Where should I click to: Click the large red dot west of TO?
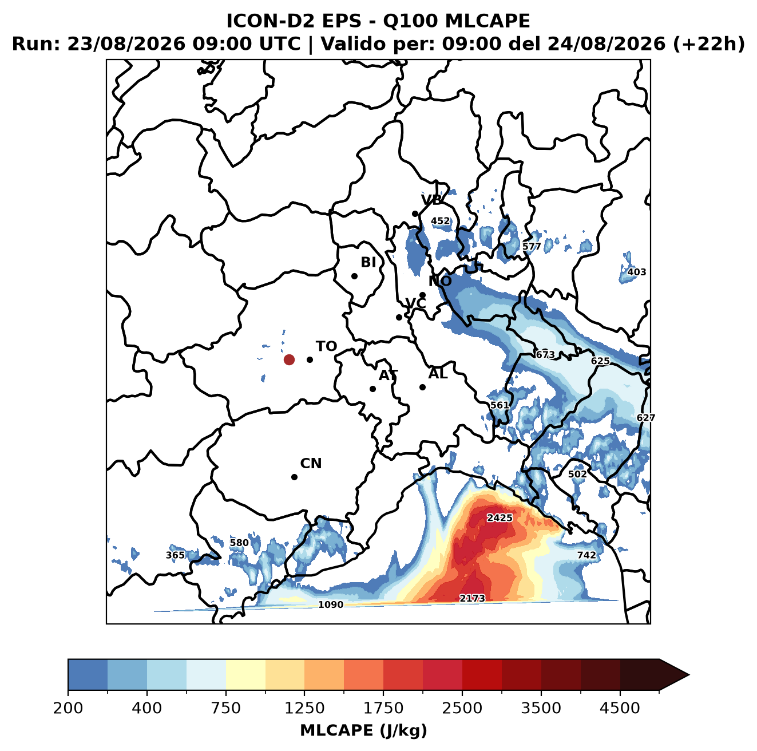pos(289,359)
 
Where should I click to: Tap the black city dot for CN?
pos(294,477)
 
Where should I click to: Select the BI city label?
pos(368,262)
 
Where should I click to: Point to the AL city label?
pos(438,373)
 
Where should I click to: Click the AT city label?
pos(388,375)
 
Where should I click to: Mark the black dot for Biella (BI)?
pos(354,276)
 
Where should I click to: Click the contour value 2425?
pos(500,518)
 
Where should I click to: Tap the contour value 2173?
pos(472,598)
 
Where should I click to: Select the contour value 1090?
pos(330,604)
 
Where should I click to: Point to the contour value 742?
pos(586,555)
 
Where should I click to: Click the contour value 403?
pos(636,272)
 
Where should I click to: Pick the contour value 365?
pos(175,555)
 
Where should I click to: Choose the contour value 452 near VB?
pos(441,221)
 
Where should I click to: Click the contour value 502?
pos(577,474)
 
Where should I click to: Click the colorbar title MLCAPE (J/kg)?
pos(363,730)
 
